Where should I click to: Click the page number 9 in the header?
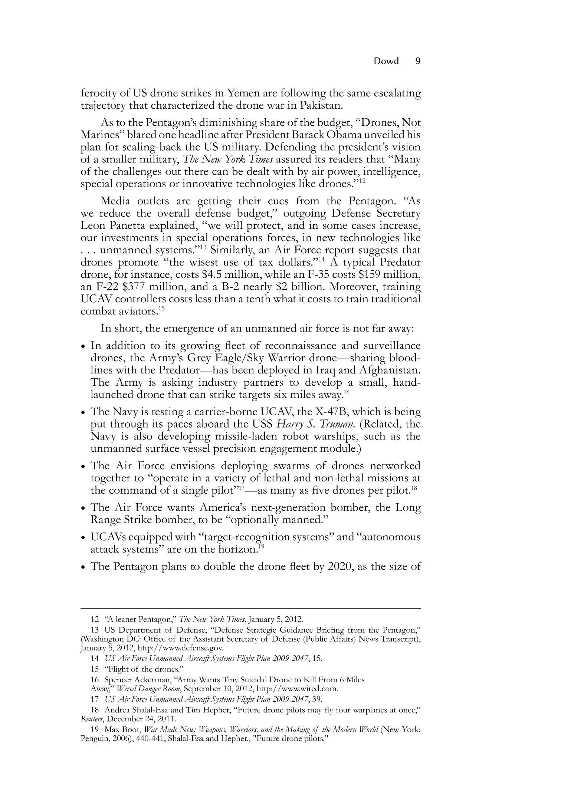click(x=417, y=61)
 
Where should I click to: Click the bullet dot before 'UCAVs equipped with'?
click(x=84, y=538)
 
